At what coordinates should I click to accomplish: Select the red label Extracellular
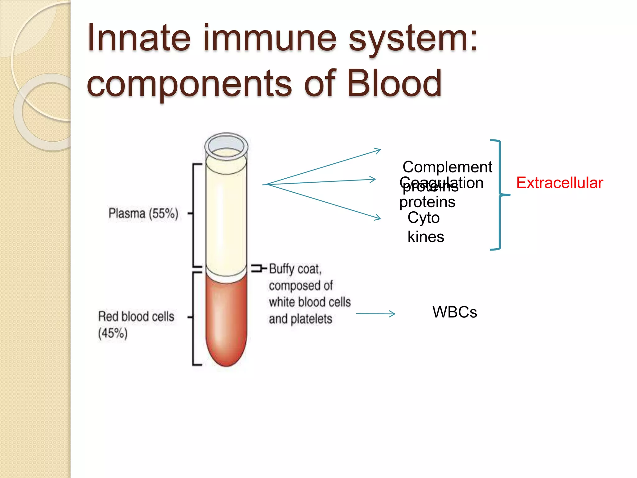point(560,183)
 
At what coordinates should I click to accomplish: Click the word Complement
point(447,167)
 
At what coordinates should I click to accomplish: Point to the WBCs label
point(454,312)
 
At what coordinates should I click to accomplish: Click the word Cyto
point(423,218)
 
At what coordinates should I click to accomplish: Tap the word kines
point(425,237)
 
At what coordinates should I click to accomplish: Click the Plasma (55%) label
point(143,213)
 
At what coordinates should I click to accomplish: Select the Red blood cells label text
point(136,316)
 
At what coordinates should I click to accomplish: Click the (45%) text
point(113,334)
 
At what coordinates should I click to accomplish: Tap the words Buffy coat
point(295,269)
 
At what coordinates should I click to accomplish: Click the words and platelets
point(300,319)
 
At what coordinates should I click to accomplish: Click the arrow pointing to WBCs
point(376,314)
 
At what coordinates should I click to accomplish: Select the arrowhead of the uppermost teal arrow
point(378,151)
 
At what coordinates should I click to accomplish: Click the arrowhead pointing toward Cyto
point(378,218)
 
